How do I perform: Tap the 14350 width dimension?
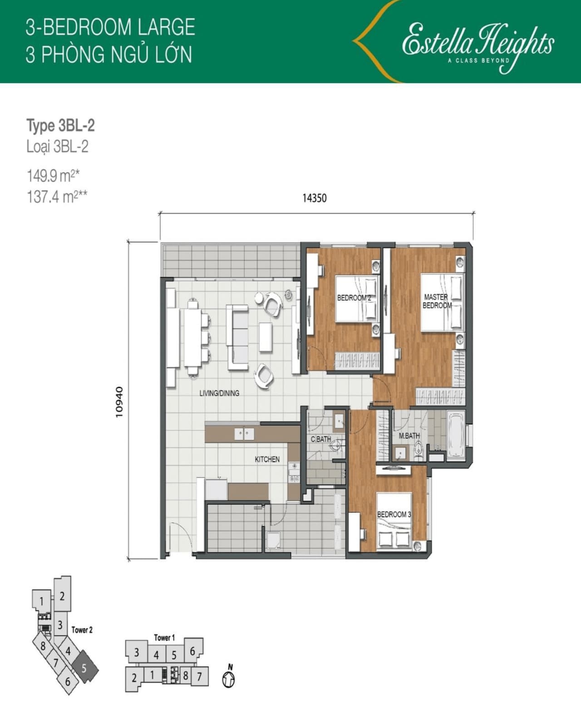(x=315, y=198)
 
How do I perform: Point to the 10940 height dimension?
(x=119, y=402)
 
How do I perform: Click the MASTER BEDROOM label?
(x=437, y=301)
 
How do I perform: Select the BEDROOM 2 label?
(x=354, y=298)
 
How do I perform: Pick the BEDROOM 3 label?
(x=394, y=514)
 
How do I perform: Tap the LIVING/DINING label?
(x=219, y=393)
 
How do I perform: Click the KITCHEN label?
(x=267, y=459)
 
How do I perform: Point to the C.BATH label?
(x=320, y=439)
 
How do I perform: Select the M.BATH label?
(x=409, y=436)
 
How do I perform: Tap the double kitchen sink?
(x=244, y=434)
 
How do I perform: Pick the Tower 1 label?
(x=164, y=637)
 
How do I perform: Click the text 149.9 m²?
(x=53, y=176)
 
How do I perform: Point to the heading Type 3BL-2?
(x=60, y=126)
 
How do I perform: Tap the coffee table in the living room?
(x=266, y=337)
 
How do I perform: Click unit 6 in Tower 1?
(x=192, y=651)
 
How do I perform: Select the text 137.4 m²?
(x=57, y=197)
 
